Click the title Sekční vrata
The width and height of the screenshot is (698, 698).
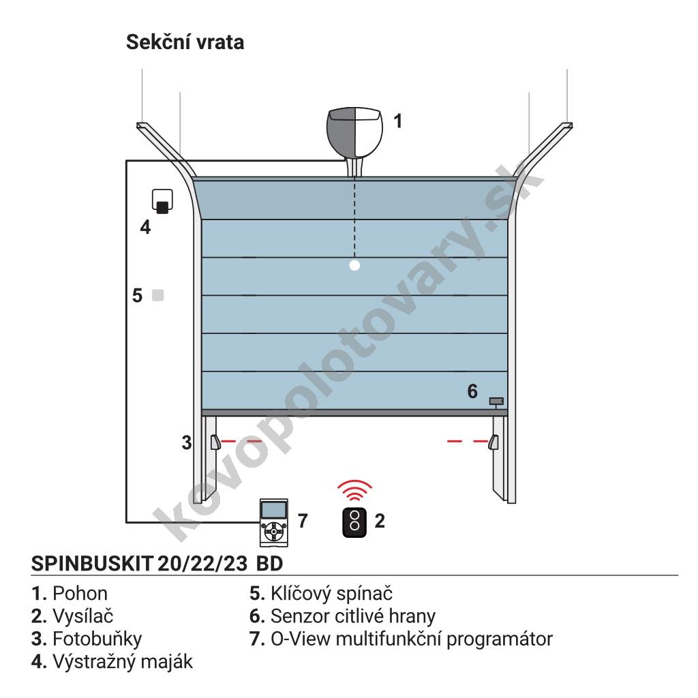[x=185, y=42]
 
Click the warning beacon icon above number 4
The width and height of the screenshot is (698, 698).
[x=162, y=201]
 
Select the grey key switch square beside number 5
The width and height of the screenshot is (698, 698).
[x=158, y=295]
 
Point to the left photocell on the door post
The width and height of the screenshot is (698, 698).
[x=215, y=442]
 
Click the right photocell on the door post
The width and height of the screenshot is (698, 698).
[x=494, y=442]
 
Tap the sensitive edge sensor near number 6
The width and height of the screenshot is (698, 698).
[x=496, y=401]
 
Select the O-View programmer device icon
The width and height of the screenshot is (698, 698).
[x=274, y=523]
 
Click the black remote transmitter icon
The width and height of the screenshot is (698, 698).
[x=354, y=522]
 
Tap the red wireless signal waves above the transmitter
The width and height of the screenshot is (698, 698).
[x=354, y=490]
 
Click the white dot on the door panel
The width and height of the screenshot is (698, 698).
[x=354, y=266]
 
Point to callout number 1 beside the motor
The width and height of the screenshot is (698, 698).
[x=398, y=121]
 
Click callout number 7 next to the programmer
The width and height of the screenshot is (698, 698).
[x=303, y=521]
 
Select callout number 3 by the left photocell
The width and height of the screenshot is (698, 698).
[x=187, y=442]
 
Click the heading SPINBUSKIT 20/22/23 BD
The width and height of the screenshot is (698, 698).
[x=157, y=564]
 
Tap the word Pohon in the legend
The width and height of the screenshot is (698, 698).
[x=80, y=594]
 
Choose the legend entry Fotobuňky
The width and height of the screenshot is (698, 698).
[x=97, y=639]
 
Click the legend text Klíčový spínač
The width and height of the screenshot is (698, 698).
[x=332, y=594]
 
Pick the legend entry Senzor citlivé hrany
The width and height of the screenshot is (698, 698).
[x=353, y=616]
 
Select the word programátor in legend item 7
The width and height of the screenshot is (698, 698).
[x=500, y=639]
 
